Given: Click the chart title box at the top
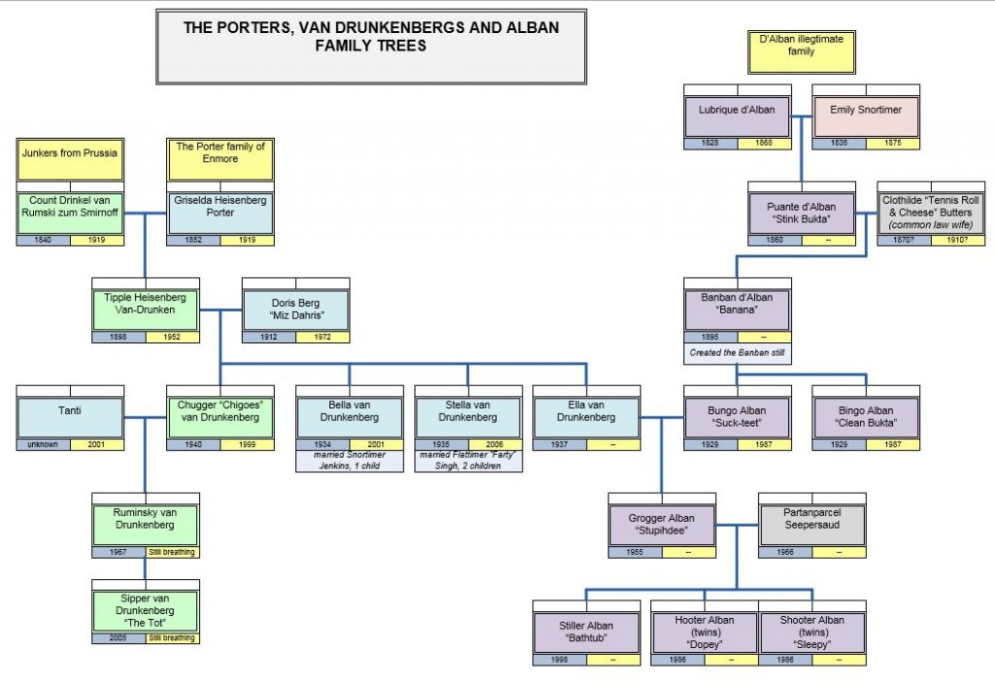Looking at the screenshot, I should click(x=371, y=47).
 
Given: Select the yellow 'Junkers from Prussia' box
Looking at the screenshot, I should click(x=70, y=158).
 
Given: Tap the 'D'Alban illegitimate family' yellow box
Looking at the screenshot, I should click(x=801, y=51).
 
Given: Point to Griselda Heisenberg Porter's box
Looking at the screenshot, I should click(x=221, y=212).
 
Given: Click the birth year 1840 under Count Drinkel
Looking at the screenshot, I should click(x=43, y=240).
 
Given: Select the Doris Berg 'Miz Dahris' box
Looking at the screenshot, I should click(x=295, y=309).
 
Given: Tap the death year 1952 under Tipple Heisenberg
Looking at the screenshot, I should click(x=172, y=337).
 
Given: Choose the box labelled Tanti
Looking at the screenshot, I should click(x=70, y=417).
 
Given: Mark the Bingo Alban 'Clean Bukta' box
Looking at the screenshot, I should click(x=866, y=417).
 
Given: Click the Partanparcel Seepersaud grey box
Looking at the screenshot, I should click(x=811, y=524).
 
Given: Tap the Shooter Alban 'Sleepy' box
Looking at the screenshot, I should click(x=811, y=632).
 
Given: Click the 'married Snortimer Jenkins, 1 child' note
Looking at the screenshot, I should click(x=349, y=460).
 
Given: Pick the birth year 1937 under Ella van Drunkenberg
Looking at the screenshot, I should click(x=560, y=444).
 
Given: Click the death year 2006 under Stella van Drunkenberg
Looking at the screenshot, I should click(x=496, y=444).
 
